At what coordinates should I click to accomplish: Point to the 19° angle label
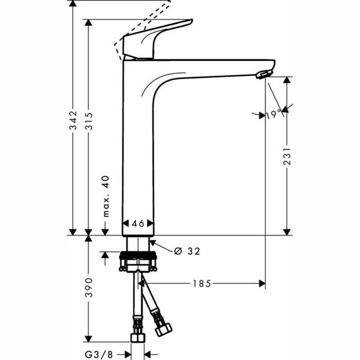274,114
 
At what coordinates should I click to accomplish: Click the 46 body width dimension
138,223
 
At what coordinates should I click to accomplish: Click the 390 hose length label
88,287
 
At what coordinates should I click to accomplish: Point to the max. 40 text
105,196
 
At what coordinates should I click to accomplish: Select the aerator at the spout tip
262,75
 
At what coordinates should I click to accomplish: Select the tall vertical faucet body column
137,154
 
